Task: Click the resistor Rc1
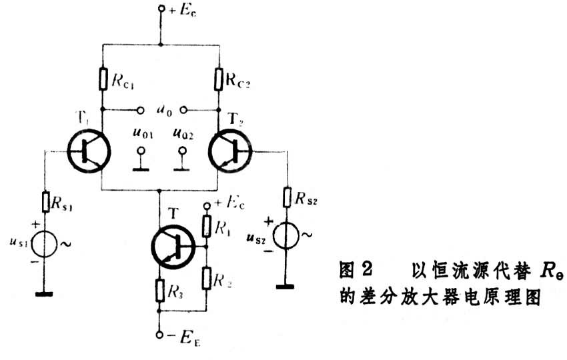[102, 79]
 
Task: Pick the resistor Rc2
[218, 79]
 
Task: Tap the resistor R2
[207, 279]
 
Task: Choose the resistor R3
[160, 289]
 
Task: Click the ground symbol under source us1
[45, 293]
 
